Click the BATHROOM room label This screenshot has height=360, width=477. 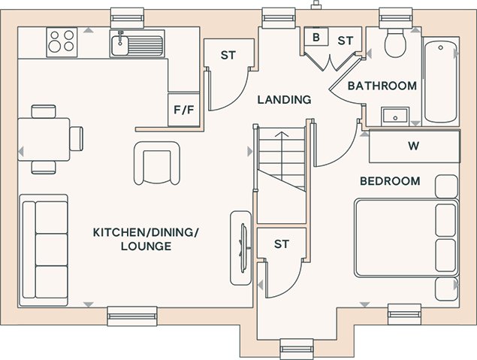tap(382, 86)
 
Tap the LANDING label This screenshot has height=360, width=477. tap(285, 100)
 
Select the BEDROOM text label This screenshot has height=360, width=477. tap(390, 181)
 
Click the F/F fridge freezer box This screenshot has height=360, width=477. tap(184, 110)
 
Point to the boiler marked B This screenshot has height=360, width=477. tap(316, 37)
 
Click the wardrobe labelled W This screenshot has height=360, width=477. tap(415, 146)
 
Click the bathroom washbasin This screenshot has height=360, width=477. tap(395, 116)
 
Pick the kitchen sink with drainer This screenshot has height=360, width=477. tap(137, 44)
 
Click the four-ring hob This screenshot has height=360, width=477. tap(62, 42)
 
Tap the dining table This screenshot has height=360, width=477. tap(44, 139)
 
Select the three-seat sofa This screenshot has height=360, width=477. tap(44, 250)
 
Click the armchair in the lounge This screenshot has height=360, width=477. tap(157, 163)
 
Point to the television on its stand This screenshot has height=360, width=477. tap(241, 248)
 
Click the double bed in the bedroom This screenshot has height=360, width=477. tap(406, 238)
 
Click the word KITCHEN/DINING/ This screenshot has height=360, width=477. tap(146, 233)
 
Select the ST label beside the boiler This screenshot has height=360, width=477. tap(346, 41)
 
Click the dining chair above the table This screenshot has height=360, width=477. tap(44, 111)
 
